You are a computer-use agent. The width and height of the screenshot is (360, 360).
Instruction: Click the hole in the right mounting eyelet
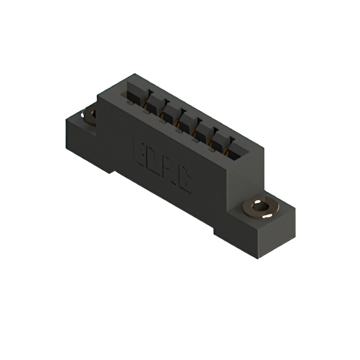[260, 207]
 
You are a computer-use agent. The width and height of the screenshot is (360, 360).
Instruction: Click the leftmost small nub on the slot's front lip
[130, 103]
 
